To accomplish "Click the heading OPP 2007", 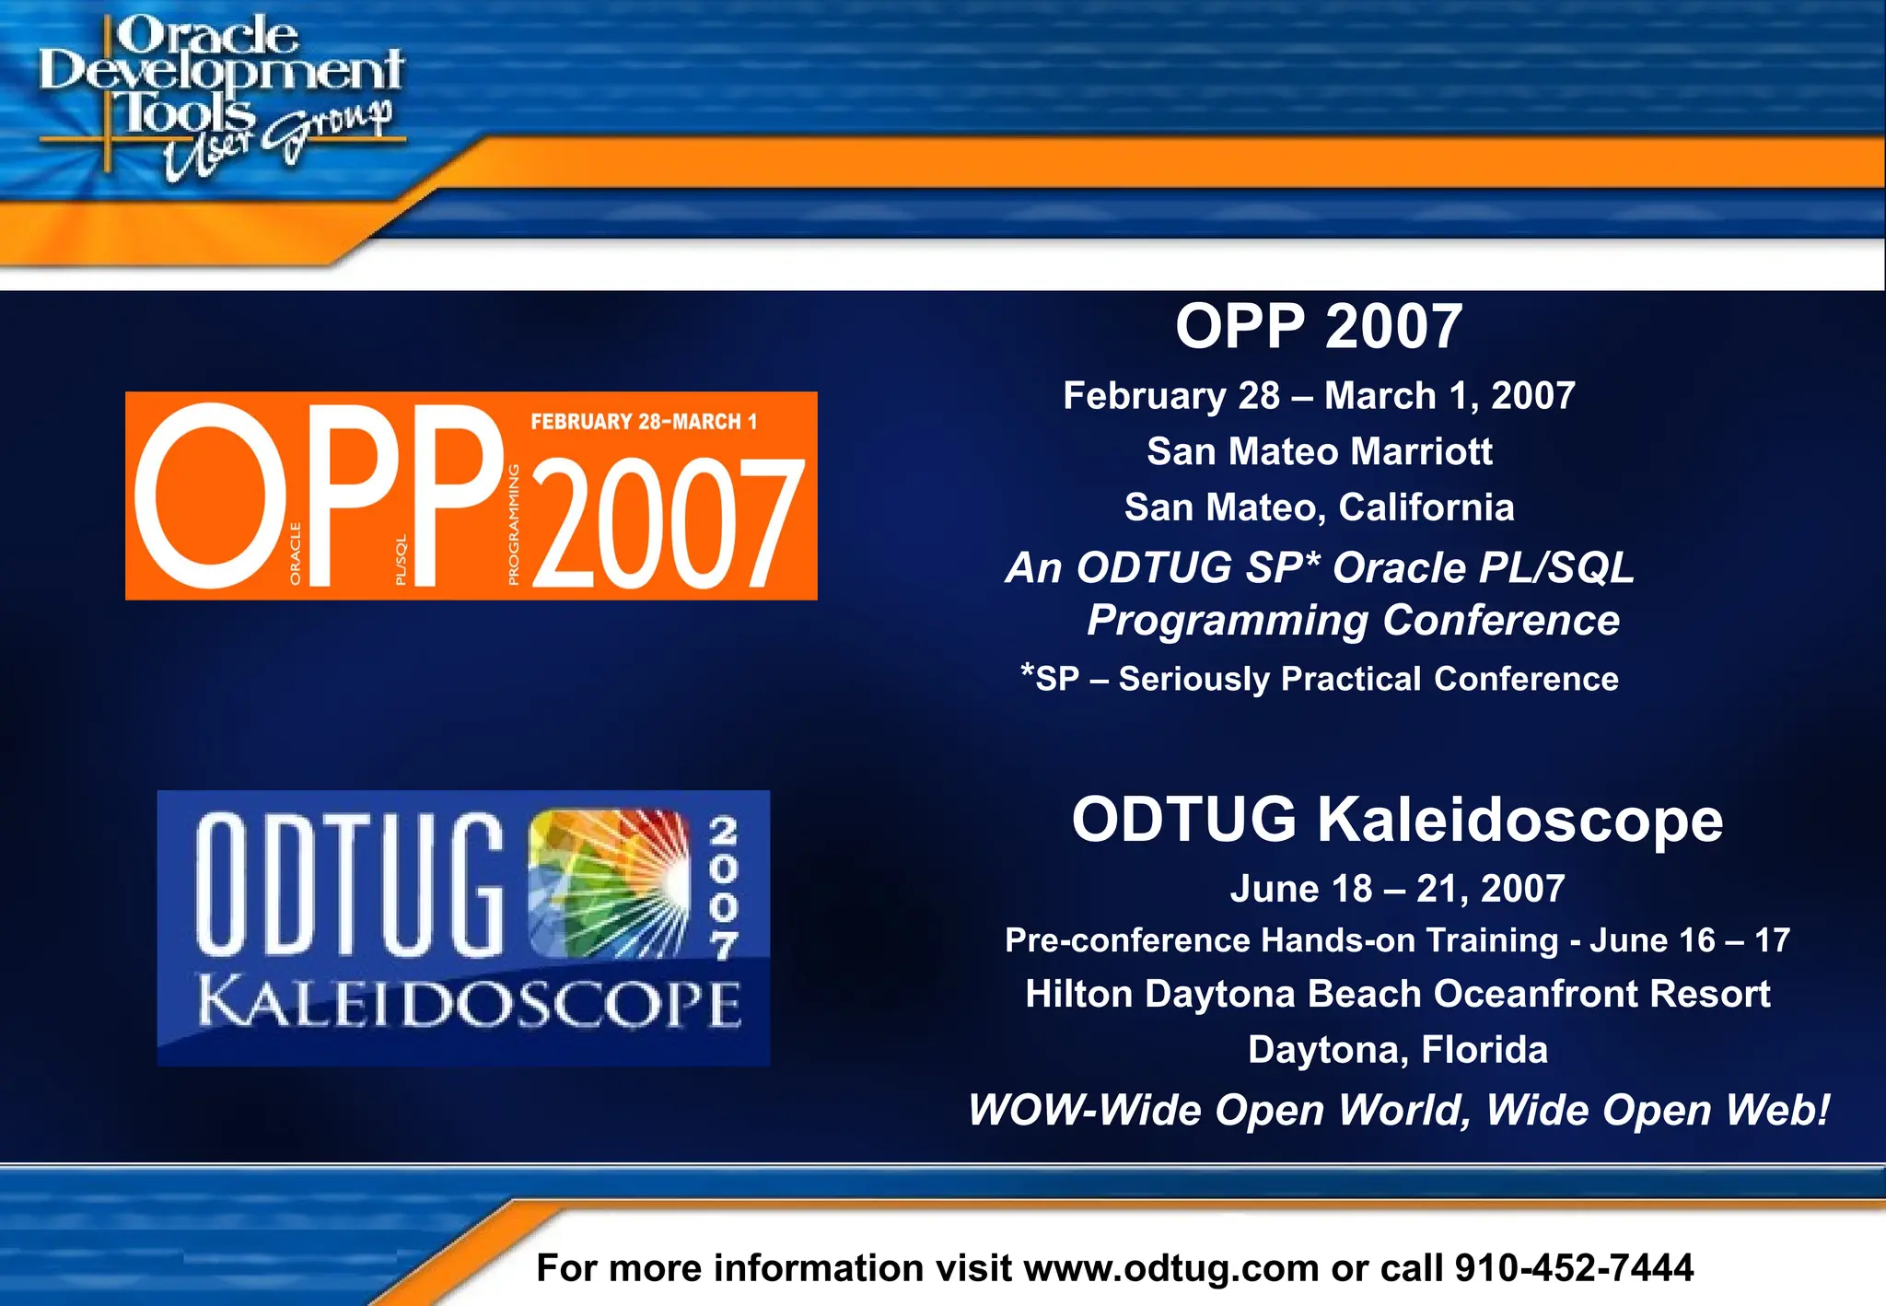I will [x=1318, y=327].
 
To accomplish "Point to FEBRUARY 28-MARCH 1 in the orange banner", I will [x=644, y=422].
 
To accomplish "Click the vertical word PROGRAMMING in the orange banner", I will [x=514, y=524].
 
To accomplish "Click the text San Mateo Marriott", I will [x=1319, y=452].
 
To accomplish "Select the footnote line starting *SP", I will [x=1319, y=679].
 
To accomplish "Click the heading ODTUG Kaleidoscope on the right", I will [x=1396, y=820].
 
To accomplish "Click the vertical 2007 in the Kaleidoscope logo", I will [x=724, y=887].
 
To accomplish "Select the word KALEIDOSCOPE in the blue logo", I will [x=469, y=1004].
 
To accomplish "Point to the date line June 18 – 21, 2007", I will [x=1396, y=889].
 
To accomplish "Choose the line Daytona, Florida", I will [x=1396, y=1050].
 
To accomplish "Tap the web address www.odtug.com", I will [x=1170, y=1268].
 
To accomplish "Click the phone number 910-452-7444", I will [x=1573, y=1268].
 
